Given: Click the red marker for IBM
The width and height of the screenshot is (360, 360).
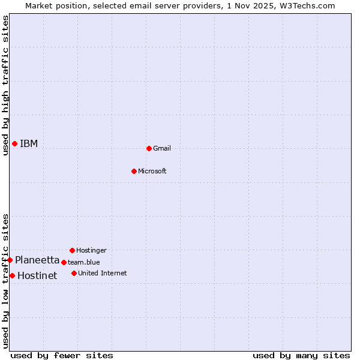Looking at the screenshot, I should point(14,143).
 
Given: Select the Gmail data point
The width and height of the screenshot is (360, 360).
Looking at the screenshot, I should point(149,148).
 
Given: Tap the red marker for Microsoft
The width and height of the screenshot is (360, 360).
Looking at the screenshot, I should point(134,171).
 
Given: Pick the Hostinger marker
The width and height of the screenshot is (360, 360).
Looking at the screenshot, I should point(72,250).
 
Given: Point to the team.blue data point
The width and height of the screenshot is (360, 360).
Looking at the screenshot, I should point(64,262).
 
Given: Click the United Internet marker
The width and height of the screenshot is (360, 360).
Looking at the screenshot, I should point(74,273).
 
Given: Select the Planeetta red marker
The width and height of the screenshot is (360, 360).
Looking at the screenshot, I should point(10,260).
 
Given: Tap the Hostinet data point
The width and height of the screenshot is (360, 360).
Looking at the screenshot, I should point(12,275).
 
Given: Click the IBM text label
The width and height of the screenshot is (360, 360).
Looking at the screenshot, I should point(29,143).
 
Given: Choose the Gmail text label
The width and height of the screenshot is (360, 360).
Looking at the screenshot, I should point(162,148).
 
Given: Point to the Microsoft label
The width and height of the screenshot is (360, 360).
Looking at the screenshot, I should point(152,171).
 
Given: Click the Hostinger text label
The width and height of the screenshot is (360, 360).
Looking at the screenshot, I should point(91,250).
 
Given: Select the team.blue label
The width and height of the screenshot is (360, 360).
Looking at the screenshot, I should point(84,262).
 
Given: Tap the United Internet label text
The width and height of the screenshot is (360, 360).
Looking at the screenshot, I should point(103,273).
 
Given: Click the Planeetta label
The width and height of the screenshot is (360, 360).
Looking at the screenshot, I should point(37,260).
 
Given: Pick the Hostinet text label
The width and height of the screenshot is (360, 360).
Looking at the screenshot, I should point(37,276).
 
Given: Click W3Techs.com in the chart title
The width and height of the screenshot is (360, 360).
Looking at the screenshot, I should point(310,5).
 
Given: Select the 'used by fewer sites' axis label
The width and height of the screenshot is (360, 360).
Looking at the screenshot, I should point(62,355).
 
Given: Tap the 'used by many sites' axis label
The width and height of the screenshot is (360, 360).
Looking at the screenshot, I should point(301,355).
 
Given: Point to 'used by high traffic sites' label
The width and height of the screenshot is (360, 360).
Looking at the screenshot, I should point(5,85).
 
